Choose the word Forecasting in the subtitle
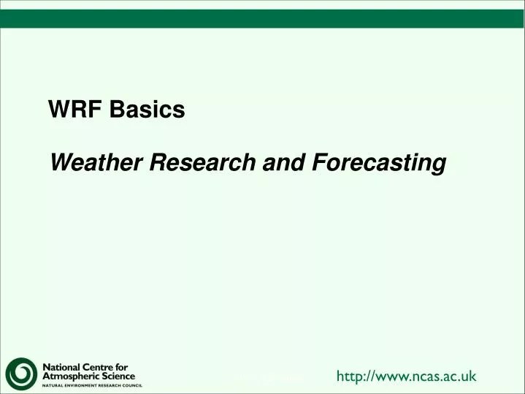[x=378, y=162]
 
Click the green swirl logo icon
[x=21, y=374]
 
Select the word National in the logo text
[x=63, y=366]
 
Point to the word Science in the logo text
[x=118, y=376]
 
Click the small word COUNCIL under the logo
[x=131, y=385]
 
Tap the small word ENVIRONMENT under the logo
[x=83, y=385]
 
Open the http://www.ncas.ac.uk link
[x=406, y=376]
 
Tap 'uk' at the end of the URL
[x=469, y=376]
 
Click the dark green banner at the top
[x=262, y=18]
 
